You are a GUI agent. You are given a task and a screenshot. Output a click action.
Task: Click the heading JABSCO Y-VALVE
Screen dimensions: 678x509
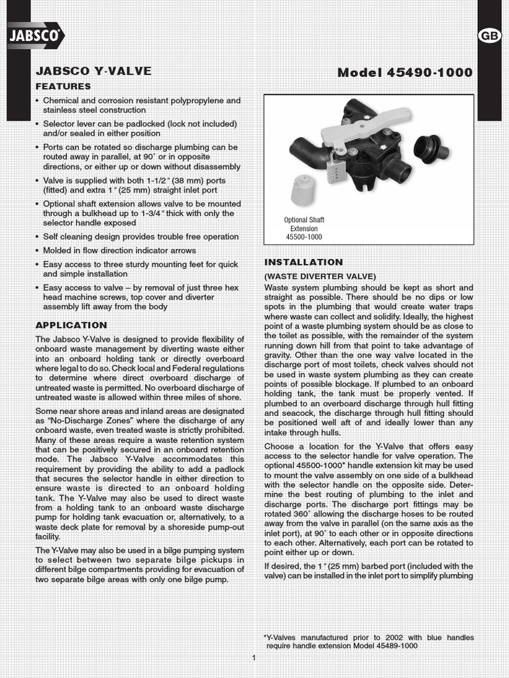pyautogui.click(x=93, y=71)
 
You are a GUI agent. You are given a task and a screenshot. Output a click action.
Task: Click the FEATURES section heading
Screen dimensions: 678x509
pyautogui.click(x=63, y=87)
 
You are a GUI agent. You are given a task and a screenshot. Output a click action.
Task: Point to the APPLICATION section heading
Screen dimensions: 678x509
pyautogui.click(x=71, y=325)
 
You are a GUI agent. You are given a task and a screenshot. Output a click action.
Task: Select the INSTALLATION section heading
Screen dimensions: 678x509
pyautogui.click(x=304, y=262)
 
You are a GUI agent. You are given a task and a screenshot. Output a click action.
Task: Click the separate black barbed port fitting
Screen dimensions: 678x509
pyautogui.click(x=430, y=148)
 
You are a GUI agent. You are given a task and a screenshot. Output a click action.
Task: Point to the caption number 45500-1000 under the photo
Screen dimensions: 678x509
pyautogui.click(x=304, y=236)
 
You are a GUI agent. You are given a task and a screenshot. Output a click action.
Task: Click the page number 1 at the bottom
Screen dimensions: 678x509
pyautogui.click(x=254, y=657)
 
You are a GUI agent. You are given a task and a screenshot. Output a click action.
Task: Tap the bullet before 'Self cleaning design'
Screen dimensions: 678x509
pyautogui.click(x=37, y=237)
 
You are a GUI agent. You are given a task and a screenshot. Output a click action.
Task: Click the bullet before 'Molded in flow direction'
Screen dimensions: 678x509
pyautogui.click(x=37, y=251)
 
